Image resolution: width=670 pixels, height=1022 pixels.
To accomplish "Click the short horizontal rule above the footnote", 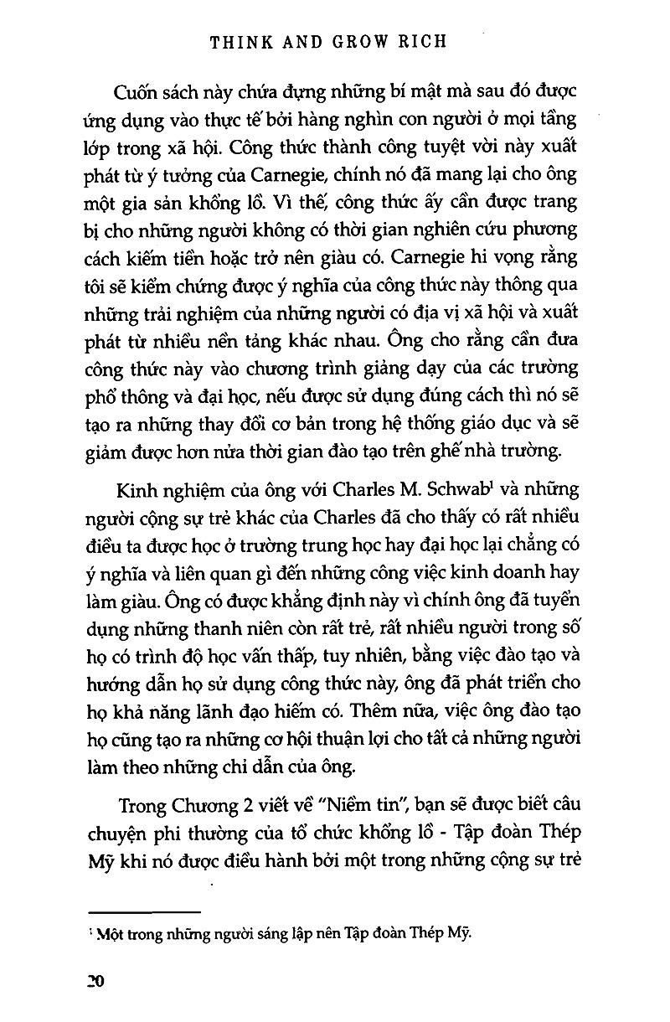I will coord(144,910).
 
